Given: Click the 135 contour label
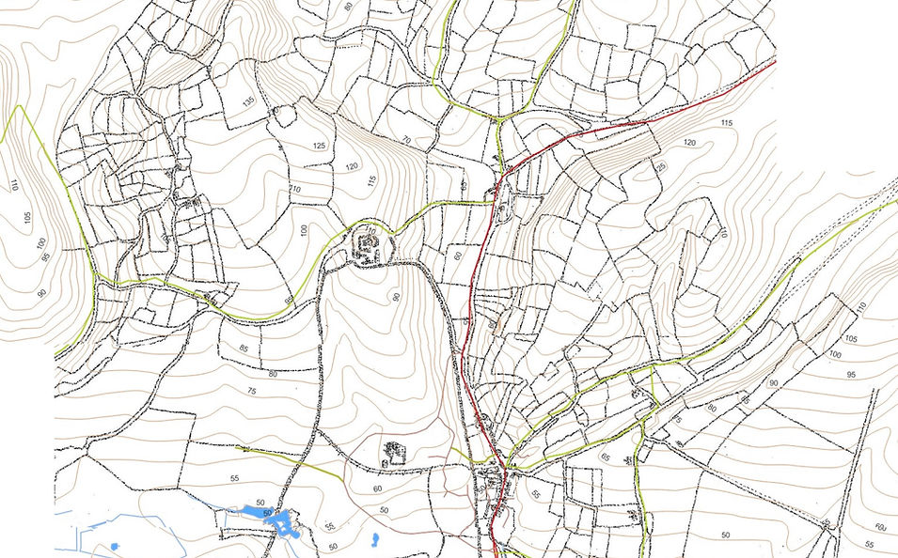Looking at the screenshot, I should coord(248,101).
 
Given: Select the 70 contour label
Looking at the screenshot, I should coord(406,141).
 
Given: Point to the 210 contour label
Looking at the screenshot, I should coord(295,191).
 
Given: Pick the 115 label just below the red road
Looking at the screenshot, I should coord(726,123).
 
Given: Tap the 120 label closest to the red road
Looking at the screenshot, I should coord(690,143).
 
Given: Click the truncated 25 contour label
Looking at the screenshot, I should coord(661,166).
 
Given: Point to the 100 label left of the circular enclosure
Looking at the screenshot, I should coord(304,230).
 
